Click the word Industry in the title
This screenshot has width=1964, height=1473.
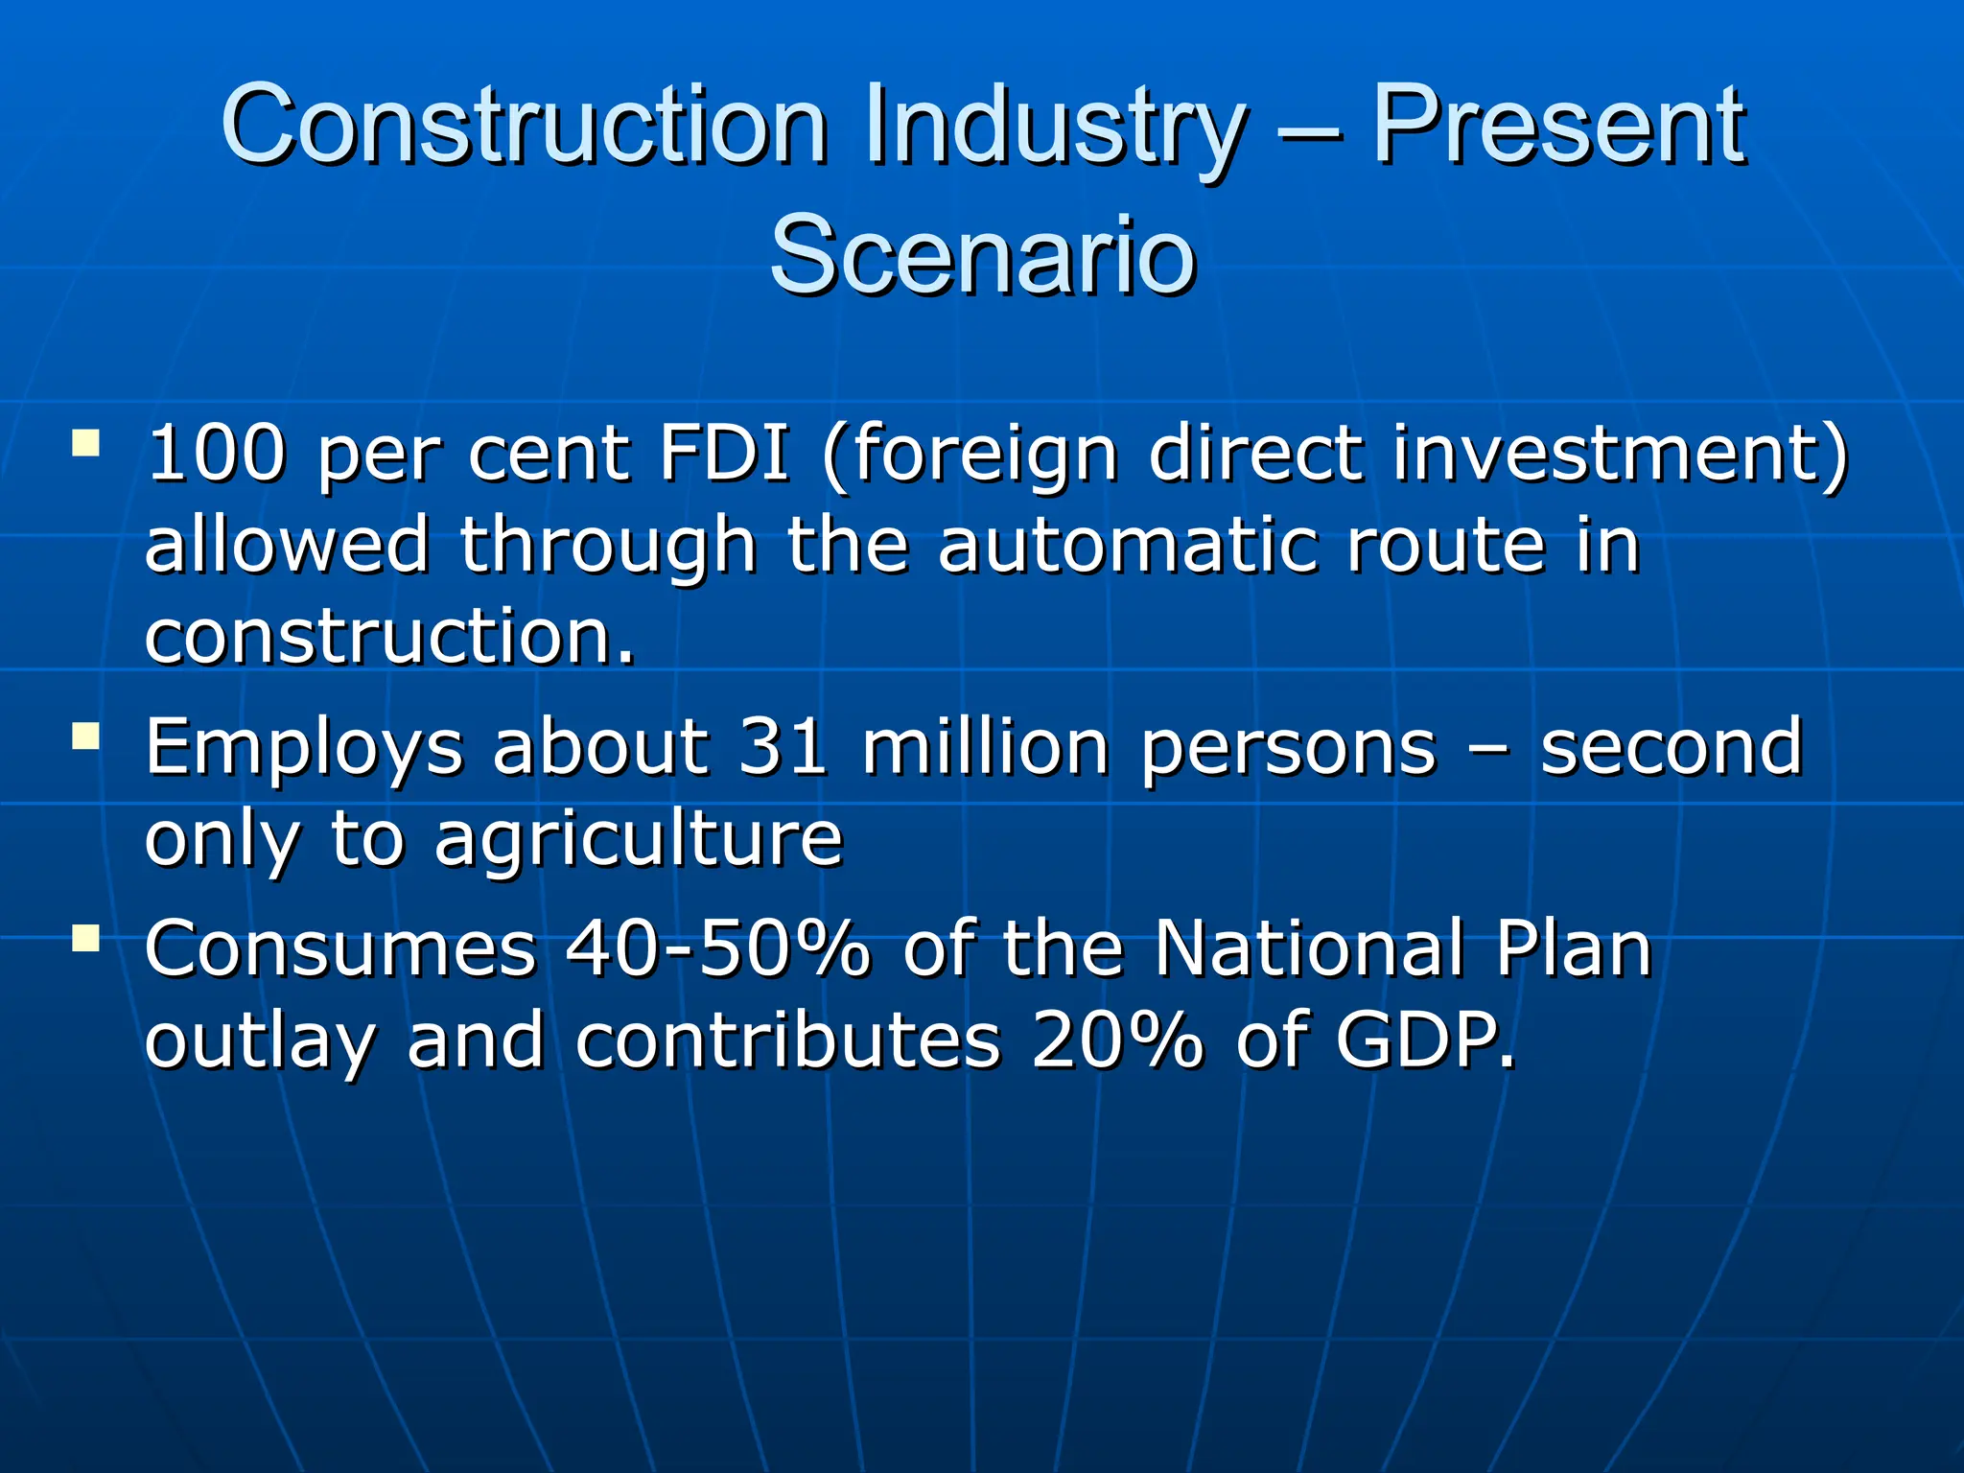[1055, 127]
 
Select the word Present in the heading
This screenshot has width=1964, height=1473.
[1558, 127]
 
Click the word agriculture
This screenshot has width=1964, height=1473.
[638, 838]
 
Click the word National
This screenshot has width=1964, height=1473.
[1309, 948]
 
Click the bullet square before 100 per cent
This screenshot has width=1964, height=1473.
[85, 442]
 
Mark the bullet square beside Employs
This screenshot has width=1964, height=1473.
[85, 736]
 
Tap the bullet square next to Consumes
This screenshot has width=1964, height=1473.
[85, 938]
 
